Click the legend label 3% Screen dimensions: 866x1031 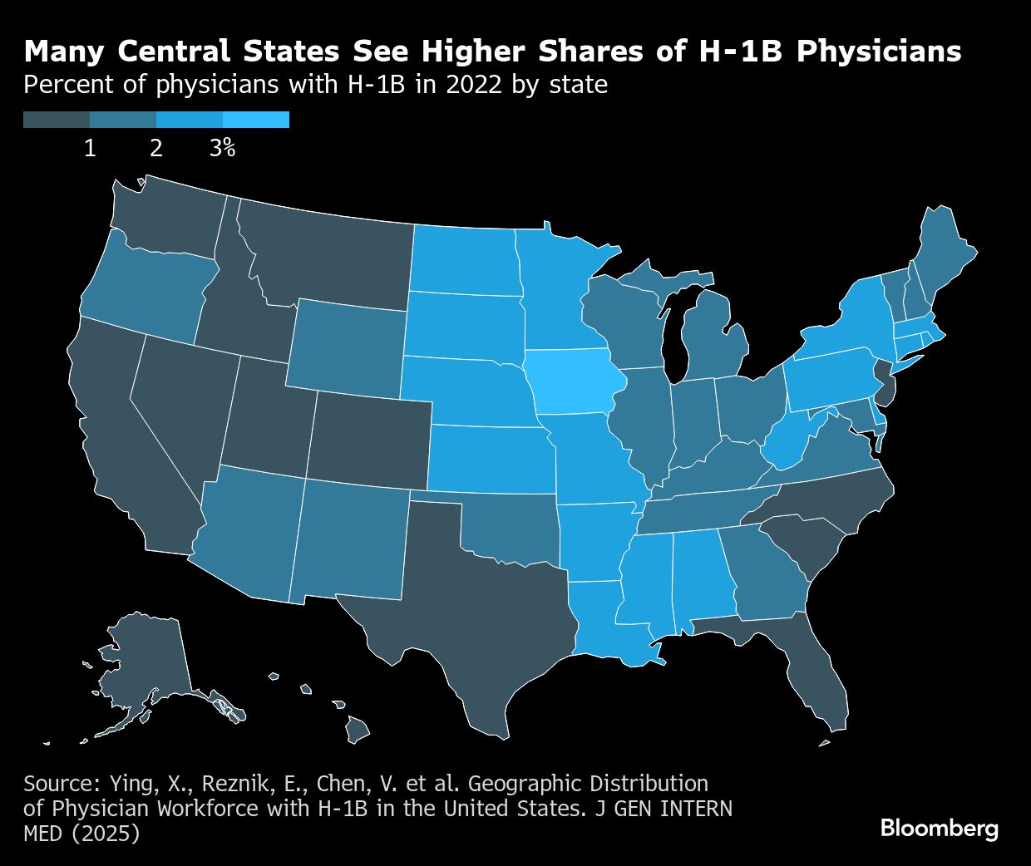point(222,149)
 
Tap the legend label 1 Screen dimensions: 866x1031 point(90,149)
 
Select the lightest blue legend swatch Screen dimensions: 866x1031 point(256,120)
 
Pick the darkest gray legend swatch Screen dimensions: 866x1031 point(57,120)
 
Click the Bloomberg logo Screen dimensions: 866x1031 point(940,829)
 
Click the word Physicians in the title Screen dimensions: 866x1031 point(879,52)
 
